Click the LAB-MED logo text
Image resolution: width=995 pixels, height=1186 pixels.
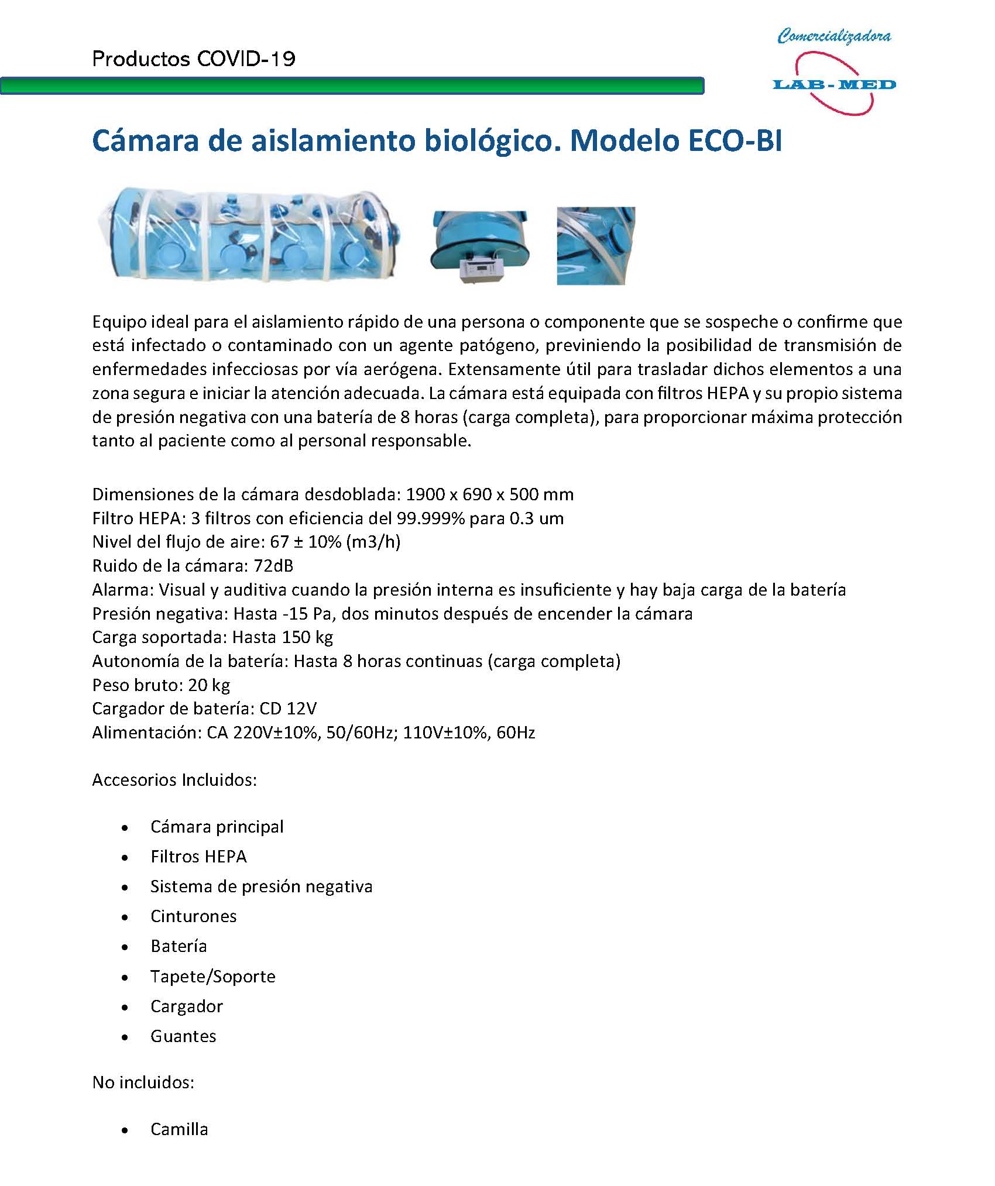click(x=834, y=85)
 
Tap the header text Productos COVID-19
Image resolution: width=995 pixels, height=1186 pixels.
click(x=194, y=59)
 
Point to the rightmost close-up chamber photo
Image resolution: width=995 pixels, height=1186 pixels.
click(x=596, y=246)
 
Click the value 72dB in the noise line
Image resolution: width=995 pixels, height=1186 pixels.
click(x=273, y=566)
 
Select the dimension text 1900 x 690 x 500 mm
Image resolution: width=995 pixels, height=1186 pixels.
click(x=489, y=494)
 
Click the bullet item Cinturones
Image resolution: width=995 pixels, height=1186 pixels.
click(x=193, y=916)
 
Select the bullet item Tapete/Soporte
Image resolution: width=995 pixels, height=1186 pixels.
click(x=212, y=976)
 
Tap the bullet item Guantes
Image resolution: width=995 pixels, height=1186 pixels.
click(x=183, y=1036)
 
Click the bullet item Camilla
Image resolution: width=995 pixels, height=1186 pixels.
click(x=179, y=1129)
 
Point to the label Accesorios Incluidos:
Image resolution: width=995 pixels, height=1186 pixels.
click(x=174, y=780)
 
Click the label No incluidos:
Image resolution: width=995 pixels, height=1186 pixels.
click(x=143, y=1082)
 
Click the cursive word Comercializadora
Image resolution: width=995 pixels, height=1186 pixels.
click(x=834, y=36)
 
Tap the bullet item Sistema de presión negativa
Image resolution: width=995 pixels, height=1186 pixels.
click(x=261, y=886)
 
